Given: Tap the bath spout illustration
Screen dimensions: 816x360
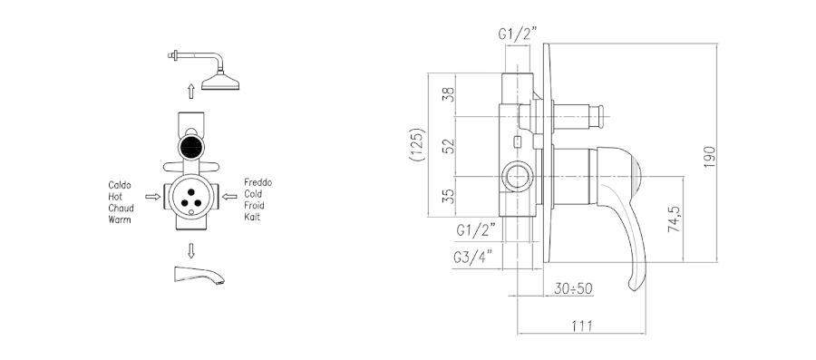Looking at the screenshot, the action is point(199,275).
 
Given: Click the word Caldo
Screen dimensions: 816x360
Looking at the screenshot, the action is point(120,185).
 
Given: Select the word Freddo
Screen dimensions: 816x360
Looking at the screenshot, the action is point(258,182).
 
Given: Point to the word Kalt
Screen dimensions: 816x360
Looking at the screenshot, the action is point(252,217).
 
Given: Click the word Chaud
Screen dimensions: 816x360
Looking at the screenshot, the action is point(121,208).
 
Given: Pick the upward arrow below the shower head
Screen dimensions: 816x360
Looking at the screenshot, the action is point(191,92).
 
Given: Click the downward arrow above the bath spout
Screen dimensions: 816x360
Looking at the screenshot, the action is point(191,251).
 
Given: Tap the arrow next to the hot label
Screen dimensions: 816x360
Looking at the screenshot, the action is point(152,196).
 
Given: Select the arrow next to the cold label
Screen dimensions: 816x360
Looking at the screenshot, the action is point(229,196).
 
